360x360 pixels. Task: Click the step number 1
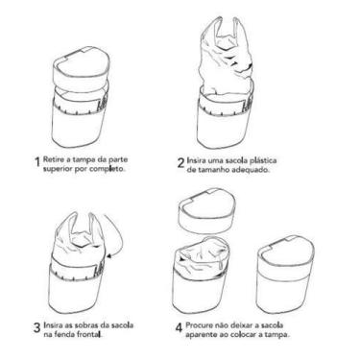37,161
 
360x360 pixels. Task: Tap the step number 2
180,162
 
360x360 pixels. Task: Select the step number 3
37,327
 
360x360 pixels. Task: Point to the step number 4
179,327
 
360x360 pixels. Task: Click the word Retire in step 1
51,159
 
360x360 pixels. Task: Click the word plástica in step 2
264,160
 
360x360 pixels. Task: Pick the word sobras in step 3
86,325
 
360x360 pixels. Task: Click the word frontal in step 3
90,335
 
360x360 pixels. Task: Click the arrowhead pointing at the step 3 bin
110,256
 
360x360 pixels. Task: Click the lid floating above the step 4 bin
207,210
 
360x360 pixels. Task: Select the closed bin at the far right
285,274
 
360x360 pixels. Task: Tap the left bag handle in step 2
218,29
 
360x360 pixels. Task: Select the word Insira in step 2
196,160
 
